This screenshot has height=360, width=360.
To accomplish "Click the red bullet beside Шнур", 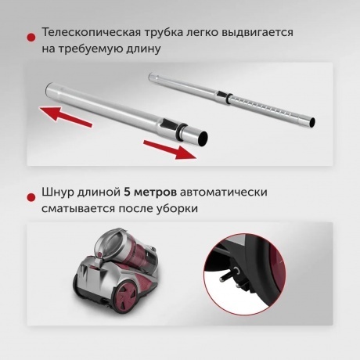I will [x=31, y=193].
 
